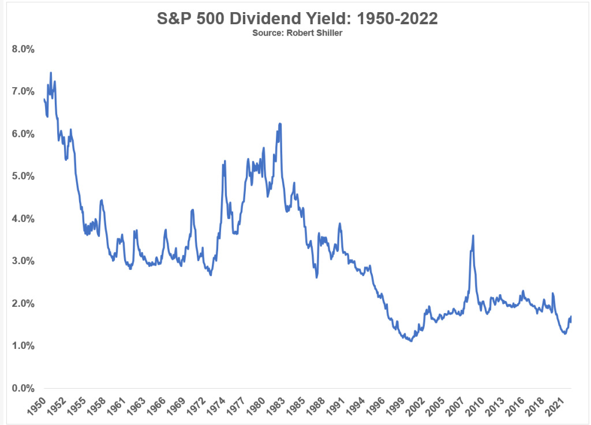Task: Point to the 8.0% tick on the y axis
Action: tap(24, 49)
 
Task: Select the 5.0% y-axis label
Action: tap(24, 176)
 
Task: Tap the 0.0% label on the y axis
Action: tap(24, 388)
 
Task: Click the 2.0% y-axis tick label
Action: tap(24, 303)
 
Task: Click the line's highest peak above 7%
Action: tap(51, 73)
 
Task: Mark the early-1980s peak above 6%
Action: tap(280, 124)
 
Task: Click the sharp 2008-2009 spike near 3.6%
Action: tap(473, 236)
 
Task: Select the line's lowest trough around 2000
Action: tap(410, 341)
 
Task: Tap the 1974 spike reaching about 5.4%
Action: tap(225, 161)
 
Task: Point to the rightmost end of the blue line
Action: tap(571, 317)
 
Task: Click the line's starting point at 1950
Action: tap(44, 99)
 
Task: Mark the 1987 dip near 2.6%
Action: tap(317, 277)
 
